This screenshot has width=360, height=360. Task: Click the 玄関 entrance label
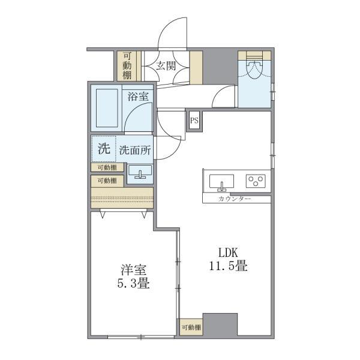coord(166,67)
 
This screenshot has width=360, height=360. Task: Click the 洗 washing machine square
coord(103,149)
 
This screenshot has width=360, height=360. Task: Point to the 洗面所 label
coord(134,150)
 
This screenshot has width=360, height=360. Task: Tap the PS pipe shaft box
coord(194,120)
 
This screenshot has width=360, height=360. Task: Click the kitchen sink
coord(222,181)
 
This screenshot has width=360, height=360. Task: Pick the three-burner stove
coord(257,180)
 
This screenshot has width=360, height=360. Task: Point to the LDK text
coord(227,252)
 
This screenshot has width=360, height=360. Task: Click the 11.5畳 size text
coord(228,266)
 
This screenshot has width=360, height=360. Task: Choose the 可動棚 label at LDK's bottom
coord(191,327)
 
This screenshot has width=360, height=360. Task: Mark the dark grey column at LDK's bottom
coord(221,325)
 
